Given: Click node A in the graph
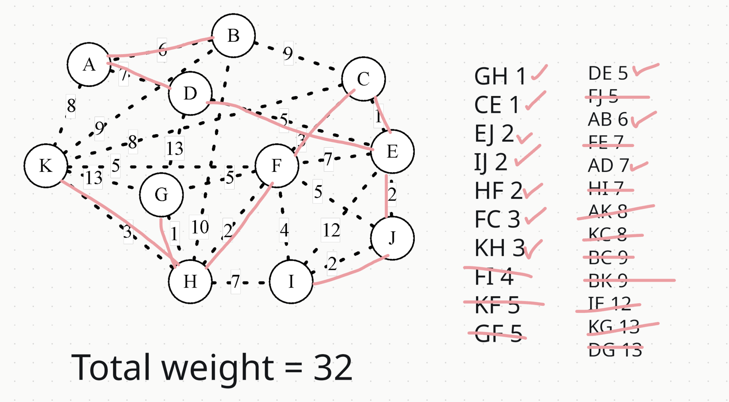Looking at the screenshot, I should [89, 64].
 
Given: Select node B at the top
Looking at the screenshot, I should [233, 35].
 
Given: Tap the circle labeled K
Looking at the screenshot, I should [45, 166].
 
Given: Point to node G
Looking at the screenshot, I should [161, 194].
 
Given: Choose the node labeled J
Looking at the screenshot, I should [392, 238].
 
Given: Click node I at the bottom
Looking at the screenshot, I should [291, 281].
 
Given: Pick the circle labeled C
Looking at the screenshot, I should [363, 79].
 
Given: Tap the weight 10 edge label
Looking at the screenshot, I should [200, 227].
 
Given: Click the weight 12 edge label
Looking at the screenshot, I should [331, 230].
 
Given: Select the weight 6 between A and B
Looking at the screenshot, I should [162, 50].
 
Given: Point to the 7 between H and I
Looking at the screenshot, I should [236, 281].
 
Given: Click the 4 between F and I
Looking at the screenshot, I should [284, 230].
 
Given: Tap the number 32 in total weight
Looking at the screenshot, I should [333, 367].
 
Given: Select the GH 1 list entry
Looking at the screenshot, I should [500, 76].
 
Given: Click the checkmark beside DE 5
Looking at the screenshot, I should [645, 69].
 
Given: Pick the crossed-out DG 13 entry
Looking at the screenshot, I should [615, 349].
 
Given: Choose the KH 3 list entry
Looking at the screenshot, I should [499, 248].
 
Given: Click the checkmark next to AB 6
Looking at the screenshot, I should [643, 119].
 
